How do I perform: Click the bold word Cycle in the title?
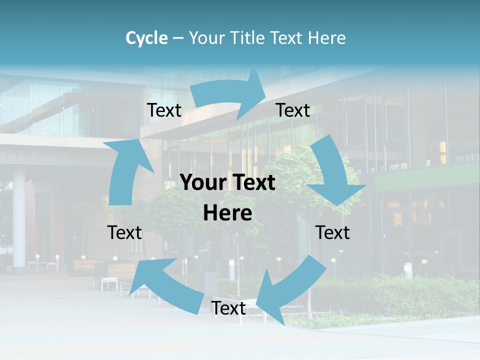click(146, 38)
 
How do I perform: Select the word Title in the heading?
click(248, 38)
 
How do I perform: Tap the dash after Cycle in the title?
click(177, 38)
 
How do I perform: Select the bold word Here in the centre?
click(227, 213)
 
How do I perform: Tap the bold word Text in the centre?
click(253, 183)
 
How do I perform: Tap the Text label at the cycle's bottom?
click(228, 308)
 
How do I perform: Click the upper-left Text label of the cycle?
click(164, 110)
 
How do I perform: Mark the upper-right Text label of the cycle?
click(293, 110)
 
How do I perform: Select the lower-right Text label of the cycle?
click(332, 232)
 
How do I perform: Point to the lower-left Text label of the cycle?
click(124, 232)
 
